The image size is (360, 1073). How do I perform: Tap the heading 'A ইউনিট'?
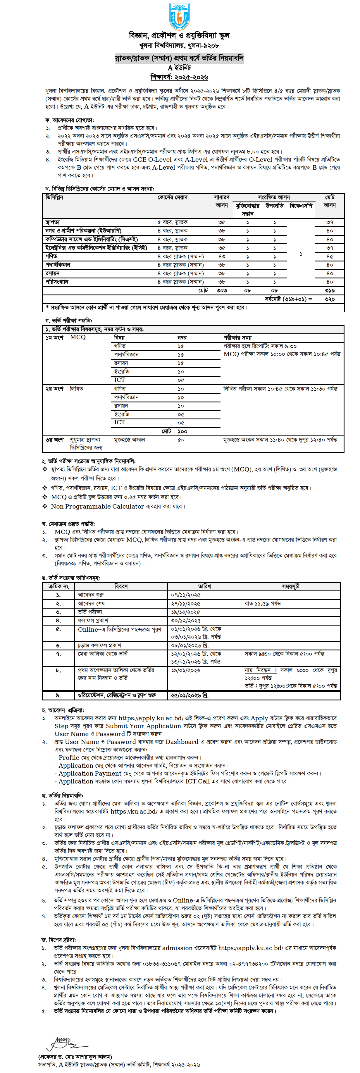(x=180, y=68)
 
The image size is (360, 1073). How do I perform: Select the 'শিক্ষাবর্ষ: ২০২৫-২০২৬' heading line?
(x=180, y=77)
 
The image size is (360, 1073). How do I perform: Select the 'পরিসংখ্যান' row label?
(x=57, y=282)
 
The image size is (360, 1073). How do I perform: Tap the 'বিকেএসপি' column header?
(x=301, y=205)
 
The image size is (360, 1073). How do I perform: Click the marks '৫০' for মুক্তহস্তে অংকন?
(x=181, y=440)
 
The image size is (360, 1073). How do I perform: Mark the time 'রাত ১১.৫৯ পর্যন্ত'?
(x=263, y=603)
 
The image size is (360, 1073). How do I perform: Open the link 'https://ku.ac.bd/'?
(x=134, y=812)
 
